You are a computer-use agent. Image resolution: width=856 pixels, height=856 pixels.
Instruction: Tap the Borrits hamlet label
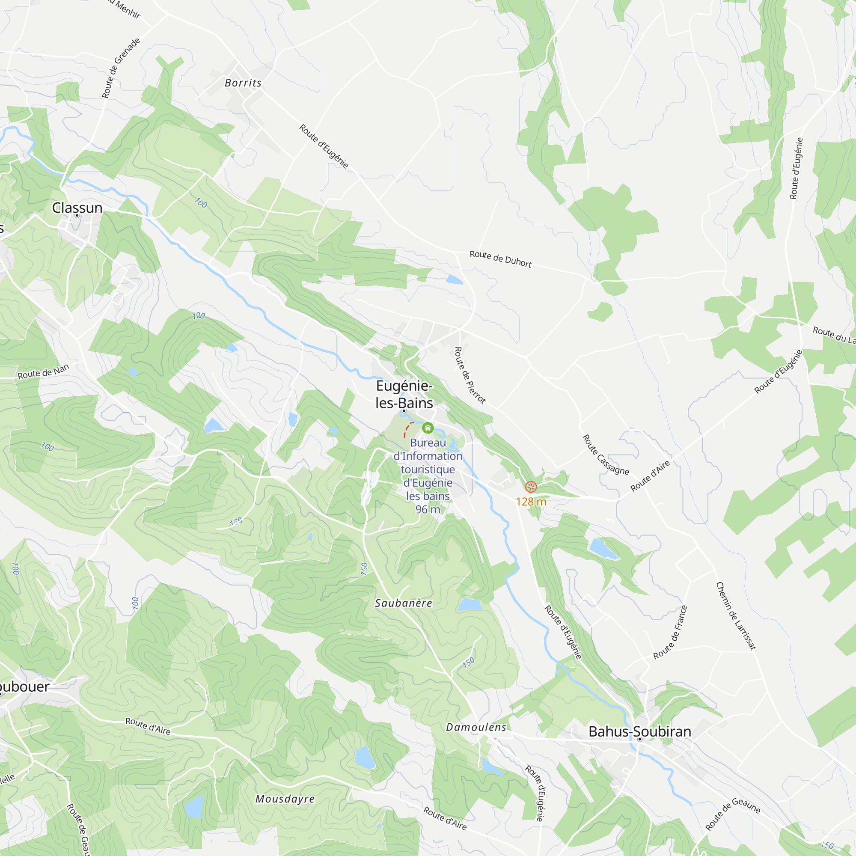point(243,83)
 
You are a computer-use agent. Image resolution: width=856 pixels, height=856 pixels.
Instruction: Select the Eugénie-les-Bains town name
point(404,394)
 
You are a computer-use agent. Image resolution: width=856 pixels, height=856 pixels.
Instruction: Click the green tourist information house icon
point(428,428)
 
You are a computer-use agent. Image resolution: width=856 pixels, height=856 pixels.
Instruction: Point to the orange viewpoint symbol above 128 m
point(531,487)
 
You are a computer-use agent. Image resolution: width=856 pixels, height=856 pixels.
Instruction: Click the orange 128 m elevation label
point(531,502)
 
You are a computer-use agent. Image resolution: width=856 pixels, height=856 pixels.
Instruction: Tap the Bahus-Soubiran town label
point(639,731)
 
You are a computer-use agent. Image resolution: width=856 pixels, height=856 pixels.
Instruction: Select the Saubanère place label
point(403,603)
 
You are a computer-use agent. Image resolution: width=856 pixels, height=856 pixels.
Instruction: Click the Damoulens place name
point(476,727)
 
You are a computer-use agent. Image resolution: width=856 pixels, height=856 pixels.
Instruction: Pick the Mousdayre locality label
point(285,799)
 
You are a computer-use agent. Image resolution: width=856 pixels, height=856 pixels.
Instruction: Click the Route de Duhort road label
point(500,259)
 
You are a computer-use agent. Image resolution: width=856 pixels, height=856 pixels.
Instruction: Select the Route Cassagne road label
point(605,455)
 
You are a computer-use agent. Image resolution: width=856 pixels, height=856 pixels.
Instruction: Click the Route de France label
point(670,632)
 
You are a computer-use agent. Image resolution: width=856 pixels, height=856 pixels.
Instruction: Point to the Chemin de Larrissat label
point(736,616)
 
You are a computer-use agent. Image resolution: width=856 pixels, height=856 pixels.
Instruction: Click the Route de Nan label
point(43,371)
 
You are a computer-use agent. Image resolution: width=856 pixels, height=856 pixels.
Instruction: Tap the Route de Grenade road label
point(121,68)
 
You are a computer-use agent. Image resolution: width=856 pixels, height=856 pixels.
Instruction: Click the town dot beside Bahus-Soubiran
point(639,740)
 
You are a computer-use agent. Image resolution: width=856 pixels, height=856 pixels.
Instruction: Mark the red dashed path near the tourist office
point(407,428)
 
